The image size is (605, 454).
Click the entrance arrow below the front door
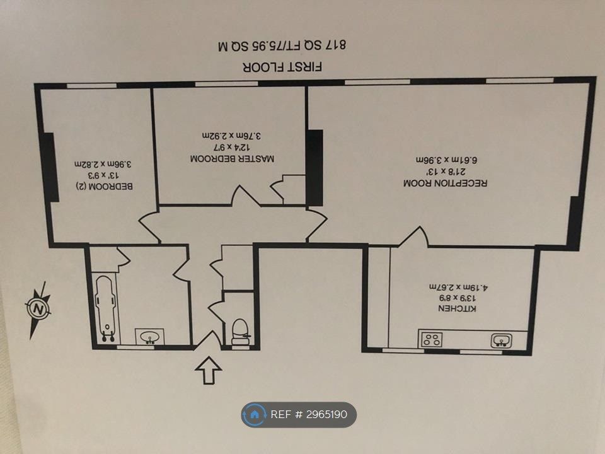209,370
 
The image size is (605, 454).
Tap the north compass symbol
38,310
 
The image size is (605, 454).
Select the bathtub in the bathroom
106,308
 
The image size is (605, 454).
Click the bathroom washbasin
150,337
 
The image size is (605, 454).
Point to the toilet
240,332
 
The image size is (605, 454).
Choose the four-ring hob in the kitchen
431,340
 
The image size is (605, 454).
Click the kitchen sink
501,340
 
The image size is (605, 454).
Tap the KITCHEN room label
458,308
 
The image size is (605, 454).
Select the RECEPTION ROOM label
446,183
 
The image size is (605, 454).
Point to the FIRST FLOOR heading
282,67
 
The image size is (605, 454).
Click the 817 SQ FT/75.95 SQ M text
282,45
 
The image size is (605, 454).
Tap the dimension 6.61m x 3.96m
447,160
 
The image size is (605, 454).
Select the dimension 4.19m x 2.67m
459,288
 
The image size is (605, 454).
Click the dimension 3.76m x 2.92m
231,136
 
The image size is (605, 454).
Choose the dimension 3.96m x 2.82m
103,164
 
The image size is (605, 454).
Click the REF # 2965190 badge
299,415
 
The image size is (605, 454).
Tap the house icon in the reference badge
254,415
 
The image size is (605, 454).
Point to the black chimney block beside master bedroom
314,168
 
